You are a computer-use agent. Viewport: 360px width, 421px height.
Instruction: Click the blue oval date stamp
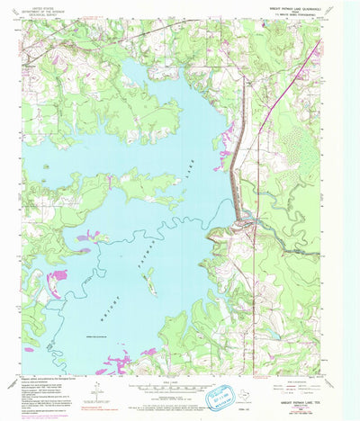[219, 393]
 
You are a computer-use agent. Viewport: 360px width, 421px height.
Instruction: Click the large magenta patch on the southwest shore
[54, 284]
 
